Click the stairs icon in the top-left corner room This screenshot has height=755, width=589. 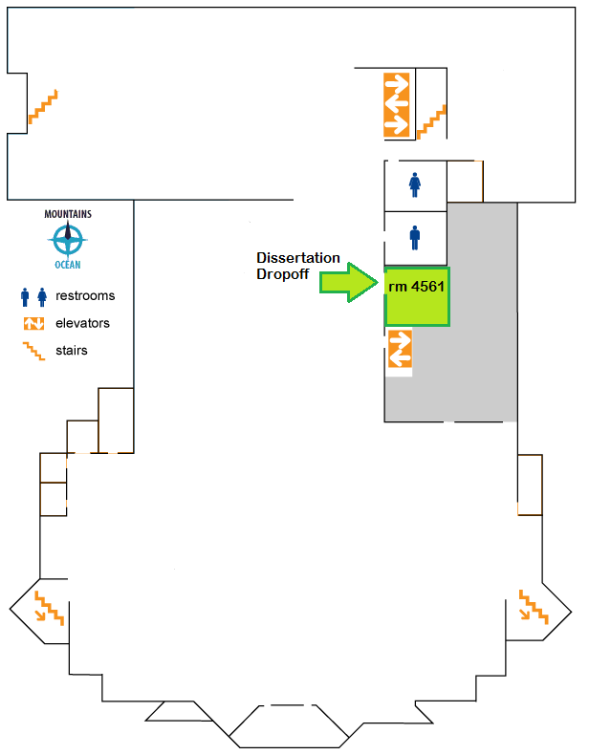coord(43,106)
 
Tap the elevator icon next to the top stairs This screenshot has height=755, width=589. coord(397,104)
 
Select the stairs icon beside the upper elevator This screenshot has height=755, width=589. coord(432,121)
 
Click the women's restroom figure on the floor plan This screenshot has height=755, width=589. coord(415,183)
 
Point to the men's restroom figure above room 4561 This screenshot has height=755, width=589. coord(415,237)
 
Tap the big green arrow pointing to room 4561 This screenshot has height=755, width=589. coord(350,283)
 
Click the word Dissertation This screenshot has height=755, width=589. coord(298,258)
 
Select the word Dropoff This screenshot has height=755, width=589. coord(282,273)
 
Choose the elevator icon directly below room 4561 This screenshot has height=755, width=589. coord(399,349)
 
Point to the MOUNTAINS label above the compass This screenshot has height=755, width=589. coord(69,214)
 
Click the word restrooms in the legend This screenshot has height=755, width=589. coord(85,296)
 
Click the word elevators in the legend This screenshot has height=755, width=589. coord(83,323)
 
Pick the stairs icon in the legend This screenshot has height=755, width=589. coord(34,351)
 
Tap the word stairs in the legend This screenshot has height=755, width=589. coord(72,351)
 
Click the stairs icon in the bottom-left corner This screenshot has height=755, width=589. coord(49,608)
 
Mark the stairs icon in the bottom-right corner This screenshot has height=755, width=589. coord(534,606)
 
